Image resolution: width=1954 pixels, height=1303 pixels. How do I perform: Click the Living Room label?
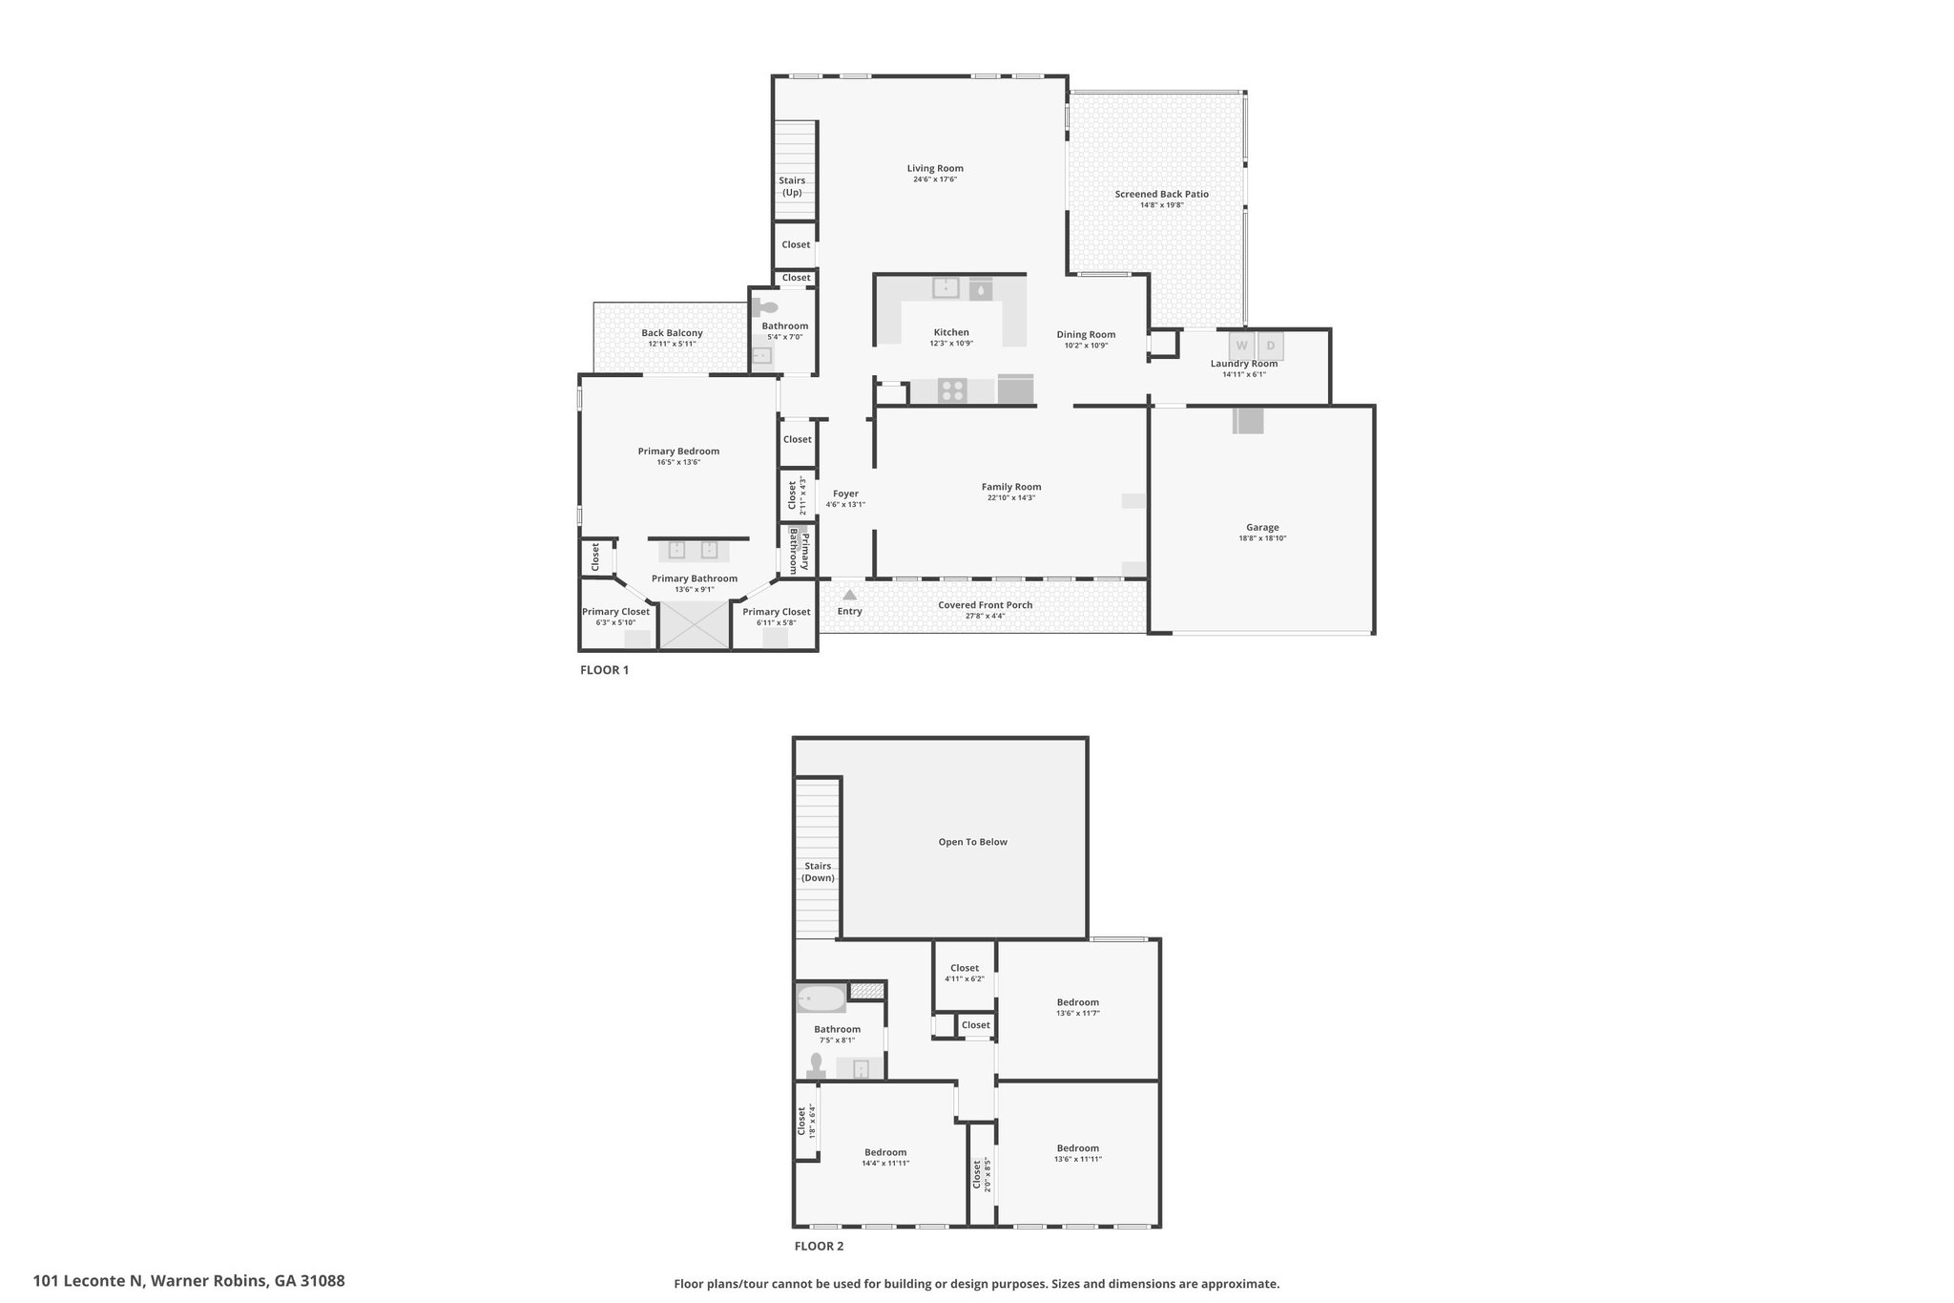click(935, 169)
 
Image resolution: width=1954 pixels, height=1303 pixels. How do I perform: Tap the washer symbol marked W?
click(1242, 346)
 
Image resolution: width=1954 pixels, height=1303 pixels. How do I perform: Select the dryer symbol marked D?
click(1271, 346)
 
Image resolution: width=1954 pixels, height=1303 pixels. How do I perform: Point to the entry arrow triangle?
click(849, 595)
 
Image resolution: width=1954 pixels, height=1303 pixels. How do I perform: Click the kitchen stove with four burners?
click(952, 390)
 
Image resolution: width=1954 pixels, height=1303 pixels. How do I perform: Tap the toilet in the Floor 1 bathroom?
click(765, 307)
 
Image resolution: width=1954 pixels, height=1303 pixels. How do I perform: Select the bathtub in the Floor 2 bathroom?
click(821, 999)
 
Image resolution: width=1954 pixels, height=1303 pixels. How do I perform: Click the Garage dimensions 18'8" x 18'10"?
click(1262, 538)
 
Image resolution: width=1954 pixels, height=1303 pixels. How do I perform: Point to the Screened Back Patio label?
click(1161, 195)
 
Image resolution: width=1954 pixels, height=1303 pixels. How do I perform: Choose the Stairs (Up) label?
click(792, 186)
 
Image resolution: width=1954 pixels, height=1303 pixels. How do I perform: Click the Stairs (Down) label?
click(818, 872)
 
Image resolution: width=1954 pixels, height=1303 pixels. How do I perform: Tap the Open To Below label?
click(972, 842)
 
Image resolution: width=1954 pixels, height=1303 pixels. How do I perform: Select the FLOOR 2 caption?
click(819, 1246)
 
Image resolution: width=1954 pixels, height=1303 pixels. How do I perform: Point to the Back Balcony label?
click(672, 333)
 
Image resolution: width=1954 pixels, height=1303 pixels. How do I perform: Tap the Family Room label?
click(1011, 487)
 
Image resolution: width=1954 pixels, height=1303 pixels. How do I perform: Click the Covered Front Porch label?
click(985, 605)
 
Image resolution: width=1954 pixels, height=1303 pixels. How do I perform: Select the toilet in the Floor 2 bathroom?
click(816, 1064)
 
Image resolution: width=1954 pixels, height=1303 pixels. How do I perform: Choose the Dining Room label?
click(1086, 335)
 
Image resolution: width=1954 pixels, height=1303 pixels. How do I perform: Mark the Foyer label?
click(845, 494)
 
